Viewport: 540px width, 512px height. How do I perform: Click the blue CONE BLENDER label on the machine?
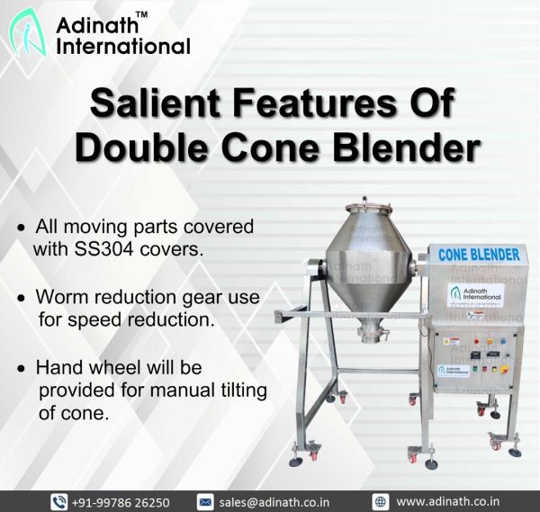click(479, 255)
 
